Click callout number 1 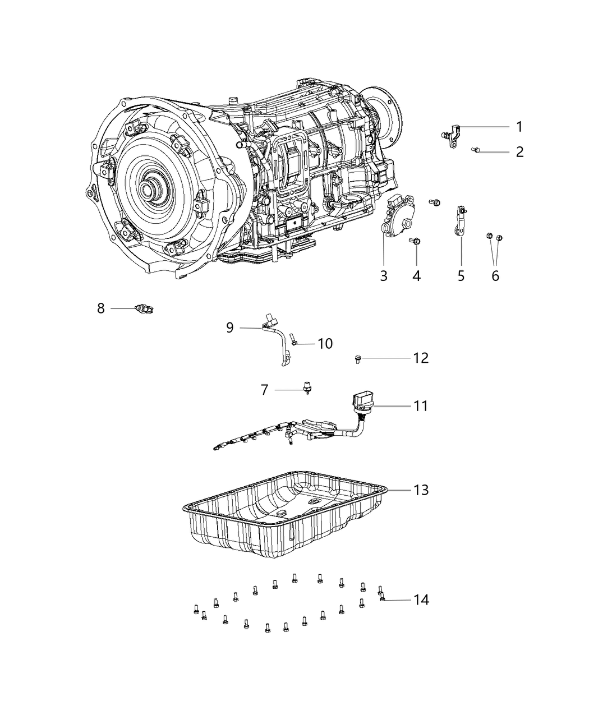click(519, 127)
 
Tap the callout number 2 click(519, 151)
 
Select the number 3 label click(384, 275)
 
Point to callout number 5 click(461, 275)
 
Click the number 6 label click(495, 275)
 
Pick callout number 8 click(101, 308)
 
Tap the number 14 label click(421, 599)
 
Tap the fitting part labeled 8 click(145, 308)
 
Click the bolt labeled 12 click(357, 358)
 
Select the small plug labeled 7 click(307, 388)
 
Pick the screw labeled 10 click(294, 340)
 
